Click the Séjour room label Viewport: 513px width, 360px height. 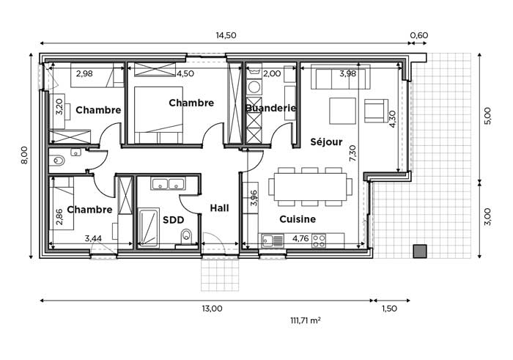326,142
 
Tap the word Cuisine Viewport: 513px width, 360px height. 298,219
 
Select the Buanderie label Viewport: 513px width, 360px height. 271,108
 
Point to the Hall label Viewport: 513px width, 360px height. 219,207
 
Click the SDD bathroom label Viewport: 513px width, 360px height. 174,220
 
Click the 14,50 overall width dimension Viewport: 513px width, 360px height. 226,35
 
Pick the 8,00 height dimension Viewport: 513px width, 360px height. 24,155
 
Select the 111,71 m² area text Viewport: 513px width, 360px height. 306,320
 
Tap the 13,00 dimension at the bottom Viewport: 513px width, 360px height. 212,308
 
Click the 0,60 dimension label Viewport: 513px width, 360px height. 418,35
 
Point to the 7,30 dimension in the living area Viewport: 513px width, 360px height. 353,153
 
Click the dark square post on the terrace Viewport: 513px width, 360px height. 420,251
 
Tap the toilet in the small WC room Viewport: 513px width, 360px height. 57,161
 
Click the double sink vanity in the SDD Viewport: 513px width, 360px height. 168,183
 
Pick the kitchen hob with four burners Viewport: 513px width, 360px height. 319,240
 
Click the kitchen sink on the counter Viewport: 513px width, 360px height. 273,240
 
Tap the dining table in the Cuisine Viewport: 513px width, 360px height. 310,187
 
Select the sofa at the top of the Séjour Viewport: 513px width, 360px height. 341,77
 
